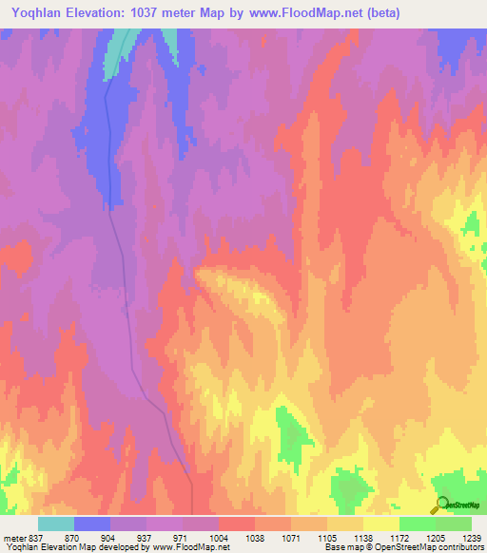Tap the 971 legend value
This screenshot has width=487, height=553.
181,537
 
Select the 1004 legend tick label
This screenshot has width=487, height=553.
218,537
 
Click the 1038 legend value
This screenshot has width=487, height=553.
254,537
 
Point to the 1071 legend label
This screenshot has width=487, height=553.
290,537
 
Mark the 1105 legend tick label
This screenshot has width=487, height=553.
327,537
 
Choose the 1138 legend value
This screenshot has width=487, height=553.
363,537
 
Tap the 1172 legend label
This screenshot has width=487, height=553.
399,537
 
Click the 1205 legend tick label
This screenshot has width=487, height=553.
436,537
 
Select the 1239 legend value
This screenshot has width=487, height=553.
469,537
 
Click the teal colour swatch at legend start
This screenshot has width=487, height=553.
56,524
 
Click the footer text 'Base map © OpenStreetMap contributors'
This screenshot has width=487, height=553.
401,547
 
